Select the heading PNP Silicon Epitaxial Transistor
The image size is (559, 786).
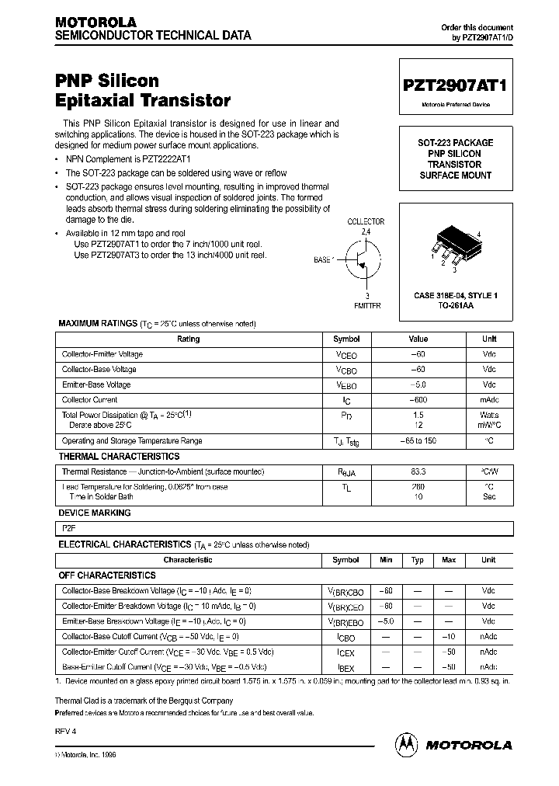tap(143, 90)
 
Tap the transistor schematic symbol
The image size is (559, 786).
tap(363, 261)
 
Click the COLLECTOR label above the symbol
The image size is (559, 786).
tap(366, 221)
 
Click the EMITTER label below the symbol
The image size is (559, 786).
tap(367, 306)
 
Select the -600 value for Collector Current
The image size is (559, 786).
tap(418, 400)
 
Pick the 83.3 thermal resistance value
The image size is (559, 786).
tap(418, 471)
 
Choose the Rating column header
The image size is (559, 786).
tap(189, 339)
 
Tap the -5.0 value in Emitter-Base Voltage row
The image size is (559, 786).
tap(418, 384)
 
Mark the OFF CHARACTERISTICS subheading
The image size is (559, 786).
tap(107, 576)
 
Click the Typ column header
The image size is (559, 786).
tap(418, 559)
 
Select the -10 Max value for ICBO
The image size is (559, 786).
tap(449, 636)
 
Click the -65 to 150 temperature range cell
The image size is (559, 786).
tap(418, 440)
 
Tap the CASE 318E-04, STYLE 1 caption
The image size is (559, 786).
tap(456, 295)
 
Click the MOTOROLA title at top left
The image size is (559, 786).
tap(95, 22)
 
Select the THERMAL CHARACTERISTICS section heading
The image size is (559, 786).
tap(119, 457)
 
